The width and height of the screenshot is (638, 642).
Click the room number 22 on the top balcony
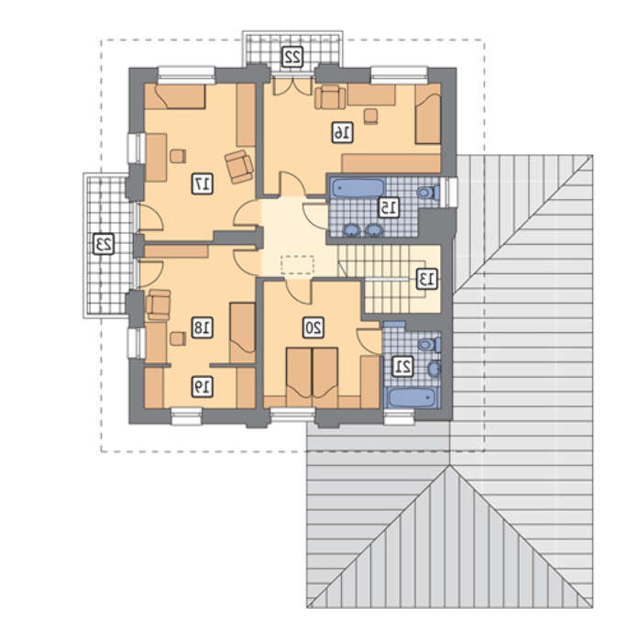(293, 57)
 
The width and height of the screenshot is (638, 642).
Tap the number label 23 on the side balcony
(104, 244)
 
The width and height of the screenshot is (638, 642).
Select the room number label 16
(342, 132)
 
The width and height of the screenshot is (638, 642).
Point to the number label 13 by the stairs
(427, 279)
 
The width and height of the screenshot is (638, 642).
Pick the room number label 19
(203, 386)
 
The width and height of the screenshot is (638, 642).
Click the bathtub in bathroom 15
(357, 188)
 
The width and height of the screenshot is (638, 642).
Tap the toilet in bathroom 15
(428, 192)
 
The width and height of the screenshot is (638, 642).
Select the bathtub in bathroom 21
(412, 397)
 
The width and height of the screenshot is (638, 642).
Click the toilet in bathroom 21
(429, 345)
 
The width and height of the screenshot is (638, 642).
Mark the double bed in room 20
(313, 378)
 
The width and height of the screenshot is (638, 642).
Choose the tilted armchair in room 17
(239, 166)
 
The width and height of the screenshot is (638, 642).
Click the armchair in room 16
(330, 97)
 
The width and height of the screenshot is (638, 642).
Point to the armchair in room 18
(159, 304)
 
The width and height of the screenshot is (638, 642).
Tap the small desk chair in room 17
(178, 156)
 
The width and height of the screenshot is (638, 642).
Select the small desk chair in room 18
(178, 338)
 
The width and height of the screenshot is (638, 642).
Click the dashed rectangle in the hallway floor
(297, 264)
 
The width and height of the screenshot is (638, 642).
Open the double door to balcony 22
(293, 87)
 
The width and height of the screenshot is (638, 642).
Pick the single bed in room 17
(175, 96)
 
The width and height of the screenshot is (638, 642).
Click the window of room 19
(186, 416)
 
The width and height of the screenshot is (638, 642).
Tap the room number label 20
(313, 327)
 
